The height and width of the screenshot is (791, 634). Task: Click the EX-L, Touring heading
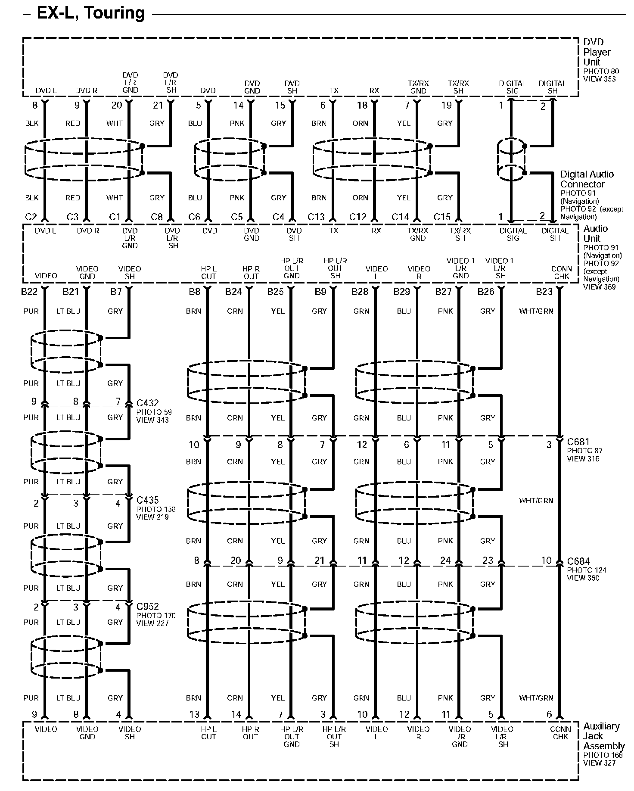[x=91, y=13]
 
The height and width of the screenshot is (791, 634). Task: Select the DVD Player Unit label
[x=597, y=52]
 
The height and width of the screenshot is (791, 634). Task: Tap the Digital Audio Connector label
[x=587, y=179]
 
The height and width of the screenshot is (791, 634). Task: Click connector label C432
[x=147, y=403]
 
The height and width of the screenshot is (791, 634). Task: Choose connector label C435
[x=147, y=500]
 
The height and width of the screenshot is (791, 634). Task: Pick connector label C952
[x=147, y=607]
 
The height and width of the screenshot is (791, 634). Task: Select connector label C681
[x=578, y=442]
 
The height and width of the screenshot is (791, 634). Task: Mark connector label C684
[x=578, y=561]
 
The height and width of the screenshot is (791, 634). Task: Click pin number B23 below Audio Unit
[x=544, y=292]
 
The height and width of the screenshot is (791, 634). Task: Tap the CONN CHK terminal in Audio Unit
[x=562, y=272]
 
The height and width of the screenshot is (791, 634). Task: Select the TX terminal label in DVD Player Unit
[x=334, y=90]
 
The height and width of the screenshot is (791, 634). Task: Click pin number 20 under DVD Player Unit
[x=117, y=106]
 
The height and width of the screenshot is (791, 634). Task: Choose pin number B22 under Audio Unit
[x=29, y=292]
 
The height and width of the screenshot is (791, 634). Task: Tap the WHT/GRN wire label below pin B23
[x=536, y=311]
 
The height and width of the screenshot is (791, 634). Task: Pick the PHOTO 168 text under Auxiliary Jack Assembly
[x=603, y=755]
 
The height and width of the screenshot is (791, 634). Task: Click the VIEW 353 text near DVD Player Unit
[x=600, y=79]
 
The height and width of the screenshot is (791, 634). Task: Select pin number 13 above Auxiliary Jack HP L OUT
[x=194, y=714]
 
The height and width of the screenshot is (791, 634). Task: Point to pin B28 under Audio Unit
[x=360, y=292]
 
